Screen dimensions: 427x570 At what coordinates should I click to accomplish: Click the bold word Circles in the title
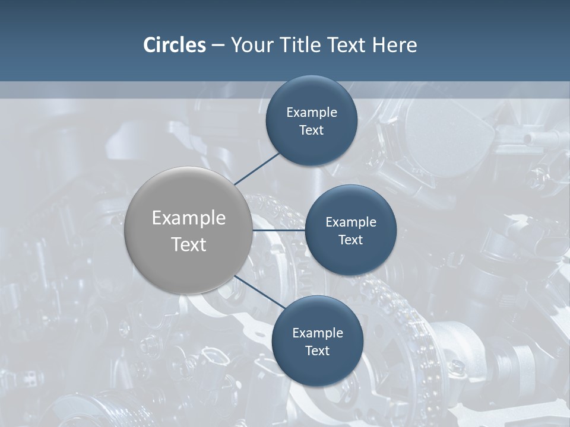(x=174, y=45)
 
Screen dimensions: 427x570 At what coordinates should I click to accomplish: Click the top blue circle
(x=312, y=95)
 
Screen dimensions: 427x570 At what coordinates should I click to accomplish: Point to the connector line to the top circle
(x=256, y=168)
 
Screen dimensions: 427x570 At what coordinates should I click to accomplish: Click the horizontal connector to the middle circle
(x=278, y=230)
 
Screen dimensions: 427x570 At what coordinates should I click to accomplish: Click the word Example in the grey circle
(x=188, y=218)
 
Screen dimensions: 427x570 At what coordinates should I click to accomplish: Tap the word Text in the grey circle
(x=188, y=244)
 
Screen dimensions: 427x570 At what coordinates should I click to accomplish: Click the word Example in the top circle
(x=312, y=113)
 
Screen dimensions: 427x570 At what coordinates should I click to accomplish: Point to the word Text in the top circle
(x=312, y=130)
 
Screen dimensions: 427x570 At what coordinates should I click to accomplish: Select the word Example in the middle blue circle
(x=351, y=222)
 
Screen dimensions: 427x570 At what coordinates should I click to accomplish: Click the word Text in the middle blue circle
(x=351, y=240)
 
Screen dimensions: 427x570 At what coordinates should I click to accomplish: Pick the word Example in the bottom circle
(x=318, y=333)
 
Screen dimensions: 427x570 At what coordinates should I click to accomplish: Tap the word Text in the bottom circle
(x=318, y=351)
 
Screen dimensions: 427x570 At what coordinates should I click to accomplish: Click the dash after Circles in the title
(x=218, y=46)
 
